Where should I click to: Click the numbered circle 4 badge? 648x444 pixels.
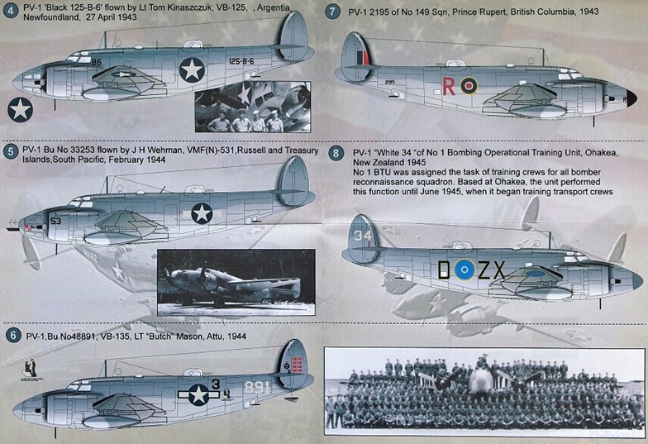tap(10, 11)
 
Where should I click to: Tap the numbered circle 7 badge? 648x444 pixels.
tap(332, 12)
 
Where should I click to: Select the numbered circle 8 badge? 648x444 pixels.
tap(336, 154)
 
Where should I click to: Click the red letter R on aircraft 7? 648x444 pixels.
tap(448, 86)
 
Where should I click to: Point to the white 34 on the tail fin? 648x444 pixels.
tap(362, 235)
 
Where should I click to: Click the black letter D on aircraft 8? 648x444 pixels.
tap(444, 270)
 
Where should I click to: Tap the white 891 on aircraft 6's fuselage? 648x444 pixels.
tap(257, 387)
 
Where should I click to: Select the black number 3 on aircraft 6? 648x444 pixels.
tap(215, 384)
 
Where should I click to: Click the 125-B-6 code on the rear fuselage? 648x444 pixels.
tap(241, 61)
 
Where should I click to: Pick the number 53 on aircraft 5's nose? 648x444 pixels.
tap(56, 222)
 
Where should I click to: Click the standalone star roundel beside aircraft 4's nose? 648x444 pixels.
tap(20, 109)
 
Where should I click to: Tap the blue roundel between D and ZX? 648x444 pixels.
tap(465, 270)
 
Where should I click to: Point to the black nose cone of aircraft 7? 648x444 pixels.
tap(631, 98)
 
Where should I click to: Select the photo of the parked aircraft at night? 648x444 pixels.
tap(236, 282)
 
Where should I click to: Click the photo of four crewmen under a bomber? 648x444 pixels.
tap(253, 107)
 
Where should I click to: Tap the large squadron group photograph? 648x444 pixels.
tap(484, 391)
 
